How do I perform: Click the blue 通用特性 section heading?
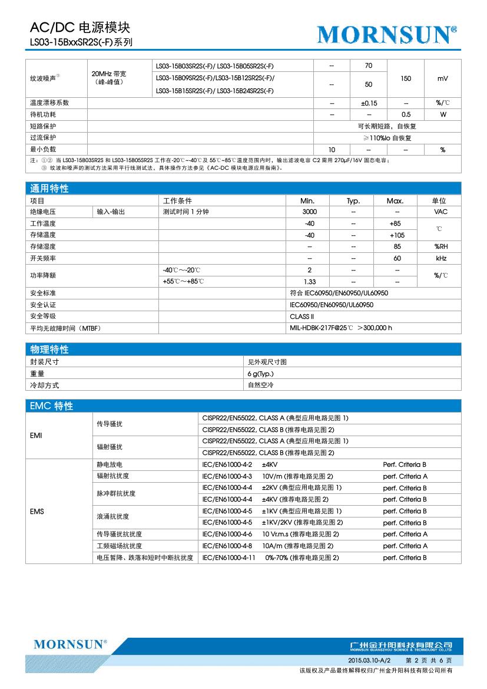point(49,189)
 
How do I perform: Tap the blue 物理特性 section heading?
point(49,350)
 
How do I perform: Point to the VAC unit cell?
point(440,212)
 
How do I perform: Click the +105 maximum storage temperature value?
point(395,235)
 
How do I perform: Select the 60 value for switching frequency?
point(397,258)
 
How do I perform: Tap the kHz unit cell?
point(440,258)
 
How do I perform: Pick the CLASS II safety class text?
point(302,317)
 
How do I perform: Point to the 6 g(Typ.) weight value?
point(260,374)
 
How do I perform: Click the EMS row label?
point(37,511)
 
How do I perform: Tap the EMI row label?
point(36,435)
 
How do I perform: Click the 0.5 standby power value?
point(406,114)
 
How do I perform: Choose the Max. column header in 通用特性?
point(395,200)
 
